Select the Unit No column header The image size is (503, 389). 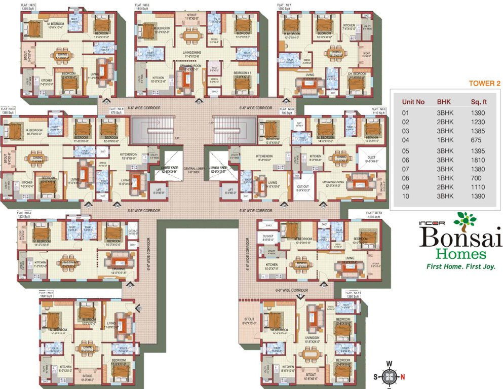pyautogui.click(x=413, y=102)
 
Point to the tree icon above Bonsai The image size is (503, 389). pyautogui.click(x=465, y=219)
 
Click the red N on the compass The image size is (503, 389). pyautogui.click(x=403, y=376)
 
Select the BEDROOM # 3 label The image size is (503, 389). pyautogui.click(x=243, y=72)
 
